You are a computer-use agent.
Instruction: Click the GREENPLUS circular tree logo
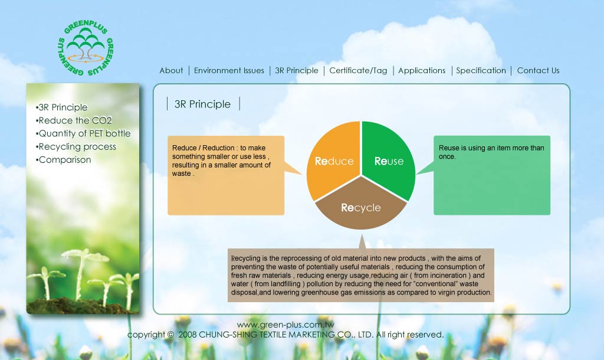[x=86, y=47]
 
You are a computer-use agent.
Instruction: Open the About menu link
[x=172, y=71]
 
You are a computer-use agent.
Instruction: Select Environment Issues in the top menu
[x=229, y=71]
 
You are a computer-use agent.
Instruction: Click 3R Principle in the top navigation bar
[x=297, y=71]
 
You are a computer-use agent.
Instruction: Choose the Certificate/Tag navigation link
[x=358, y=71]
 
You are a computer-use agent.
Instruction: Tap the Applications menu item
[x=422, y=71]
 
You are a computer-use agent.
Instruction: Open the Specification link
[x=481, y=71]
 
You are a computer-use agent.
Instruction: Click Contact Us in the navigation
[x=538, y=71]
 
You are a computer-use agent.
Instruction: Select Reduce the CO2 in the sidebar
[x=74, y=120]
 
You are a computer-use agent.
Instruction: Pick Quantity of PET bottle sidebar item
[x=83, y=134]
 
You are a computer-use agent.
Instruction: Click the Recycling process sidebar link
[x=76, y=147]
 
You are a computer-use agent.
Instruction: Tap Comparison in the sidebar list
[x=64, y=160]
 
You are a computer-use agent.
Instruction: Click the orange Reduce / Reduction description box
[x=226, y=175]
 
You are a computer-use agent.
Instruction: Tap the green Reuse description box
[x=492, y=175]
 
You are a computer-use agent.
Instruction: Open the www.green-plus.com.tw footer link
[x=285, y=325]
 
